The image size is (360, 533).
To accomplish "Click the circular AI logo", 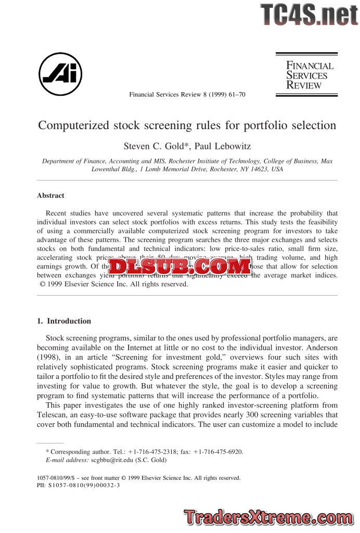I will tap(60, 74).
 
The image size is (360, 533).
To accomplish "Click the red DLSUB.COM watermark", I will tap(179, 266).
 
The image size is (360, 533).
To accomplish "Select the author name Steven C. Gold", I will tap(151, 145).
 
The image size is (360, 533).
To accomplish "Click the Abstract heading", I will tap(50, 196).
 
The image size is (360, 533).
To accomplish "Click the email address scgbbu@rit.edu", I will tap(113, 460).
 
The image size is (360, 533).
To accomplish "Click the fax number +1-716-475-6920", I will tap(218, 452).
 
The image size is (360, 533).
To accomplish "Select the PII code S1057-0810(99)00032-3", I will tap(84, 485).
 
